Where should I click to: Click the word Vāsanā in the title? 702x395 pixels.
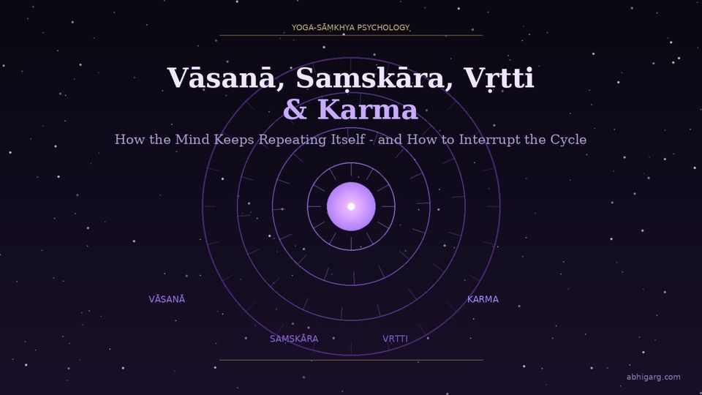click(220, 78)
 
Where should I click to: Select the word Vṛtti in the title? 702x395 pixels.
click(496, 78)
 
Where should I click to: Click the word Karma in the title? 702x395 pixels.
click(368, 110)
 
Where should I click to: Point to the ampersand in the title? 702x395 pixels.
click(295, 110)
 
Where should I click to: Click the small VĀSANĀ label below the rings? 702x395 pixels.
click(167, 299)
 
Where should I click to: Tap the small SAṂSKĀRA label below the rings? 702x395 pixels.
click(294, 339)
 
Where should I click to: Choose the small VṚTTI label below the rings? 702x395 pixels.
click(395, 339)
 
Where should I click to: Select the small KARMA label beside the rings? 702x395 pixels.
click(483, 299)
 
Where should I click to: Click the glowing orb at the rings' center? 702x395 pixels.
click(351, 206)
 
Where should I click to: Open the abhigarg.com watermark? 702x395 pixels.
click(653, 377)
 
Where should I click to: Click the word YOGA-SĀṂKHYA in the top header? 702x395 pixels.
click(322, 28)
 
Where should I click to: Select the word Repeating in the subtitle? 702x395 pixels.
click(292, 139)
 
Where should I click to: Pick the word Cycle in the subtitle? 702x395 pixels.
click(568, 139)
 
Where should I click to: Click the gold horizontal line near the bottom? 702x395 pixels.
click(351, 360)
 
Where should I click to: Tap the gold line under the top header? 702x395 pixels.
click(351, 35)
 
